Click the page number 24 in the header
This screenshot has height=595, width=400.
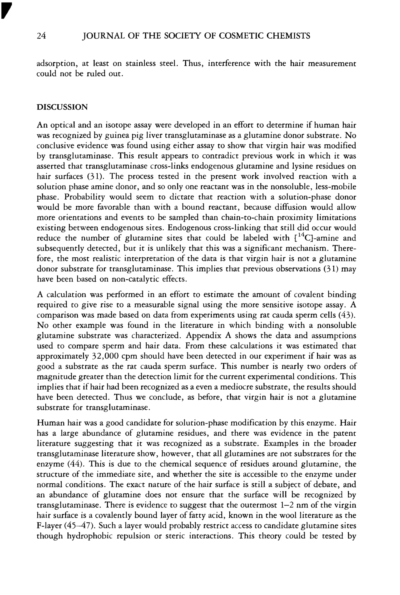click(x=41, y=36)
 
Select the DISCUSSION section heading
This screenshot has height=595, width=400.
click(x=62, y=107)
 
